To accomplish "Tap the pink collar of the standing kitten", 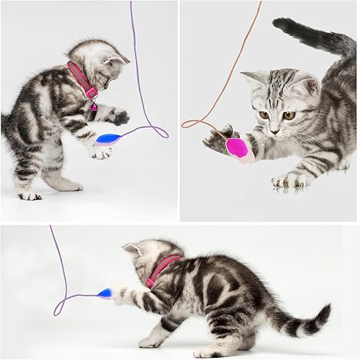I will [82, 80].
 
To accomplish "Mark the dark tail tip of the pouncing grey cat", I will [284, 26].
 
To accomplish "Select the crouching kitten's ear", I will [134, 249].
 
